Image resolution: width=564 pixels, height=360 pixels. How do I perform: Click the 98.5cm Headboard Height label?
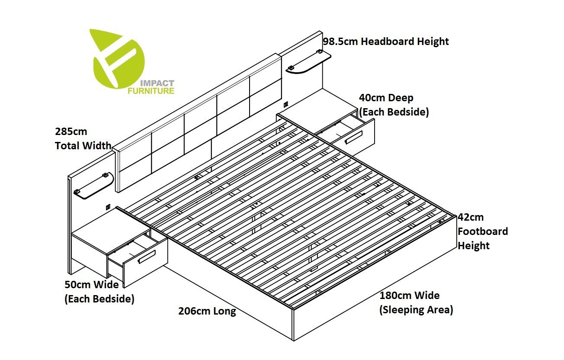[386, 42]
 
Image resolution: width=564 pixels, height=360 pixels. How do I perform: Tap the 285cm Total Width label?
[83, 138]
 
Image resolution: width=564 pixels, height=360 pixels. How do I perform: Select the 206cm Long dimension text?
[207, 311]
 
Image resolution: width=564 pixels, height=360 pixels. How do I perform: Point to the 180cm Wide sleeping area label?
[416, 302]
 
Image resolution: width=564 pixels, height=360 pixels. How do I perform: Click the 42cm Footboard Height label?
[483, 231]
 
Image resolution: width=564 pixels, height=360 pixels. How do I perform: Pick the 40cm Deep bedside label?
[394, 105]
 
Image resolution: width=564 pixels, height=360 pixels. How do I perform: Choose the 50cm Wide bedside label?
[99, 292]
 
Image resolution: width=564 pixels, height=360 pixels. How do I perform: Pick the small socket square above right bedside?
[285, 104]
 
